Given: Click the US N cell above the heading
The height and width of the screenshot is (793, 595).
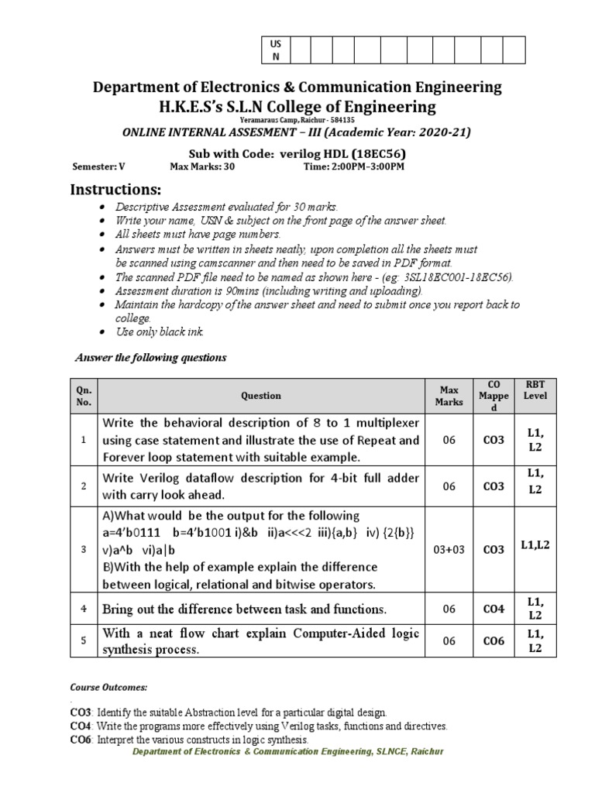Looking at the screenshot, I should coord(275,50).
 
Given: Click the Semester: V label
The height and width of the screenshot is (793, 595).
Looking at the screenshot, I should coord(98,166).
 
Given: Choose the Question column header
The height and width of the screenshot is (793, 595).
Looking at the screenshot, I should coord(261,396).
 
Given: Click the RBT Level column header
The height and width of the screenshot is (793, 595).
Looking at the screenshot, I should coord(535,390).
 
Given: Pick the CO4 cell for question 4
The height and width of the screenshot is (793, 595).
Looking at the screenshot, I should coord(494,609).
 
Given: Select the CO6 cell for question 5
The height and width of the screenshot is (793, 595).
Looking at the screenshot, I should coord(494,641).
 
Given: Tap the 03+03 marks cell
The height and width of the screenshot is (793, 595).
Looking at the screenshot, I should coord(449,550).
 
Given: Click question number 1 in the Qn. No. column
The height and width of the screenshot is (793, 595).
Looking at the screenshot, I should coord(84,440).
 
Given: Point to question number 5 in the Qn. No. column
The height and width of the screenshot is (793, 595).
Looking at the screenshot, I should coord(84,641).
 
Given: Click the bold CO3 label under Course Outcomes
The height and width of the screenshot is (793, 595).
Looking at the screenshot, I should coord(81,712).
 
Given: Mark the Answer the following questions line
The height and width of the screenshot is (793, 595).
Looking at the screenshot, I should coord(150,358).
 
